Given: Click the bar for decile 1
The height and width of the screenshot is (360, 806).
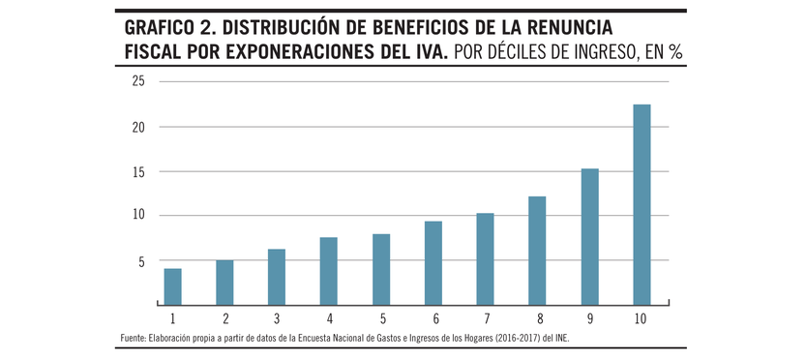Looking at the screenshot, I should click(172, 286).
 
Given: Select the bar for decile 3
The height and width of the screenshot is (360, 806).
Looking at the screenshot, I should click(277, 277).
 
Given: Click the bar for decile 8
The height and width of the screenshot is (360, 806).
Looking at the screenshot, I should click(537, 251).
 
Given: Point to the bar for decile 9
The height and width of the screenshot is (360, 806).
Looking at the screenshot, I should click(589, 236).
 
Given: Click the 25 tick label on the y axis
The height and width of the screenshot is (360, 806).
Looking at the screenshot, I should click(138, 81).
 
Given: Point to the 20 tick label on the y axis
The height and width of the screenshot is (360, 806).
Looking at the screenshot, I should click(138, 127).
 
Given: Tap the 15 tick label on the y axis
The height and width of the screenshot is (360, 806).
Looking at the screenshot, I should click(138, 171).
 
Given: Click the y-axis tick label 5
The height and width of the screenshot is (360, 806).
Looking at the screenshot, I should click(141, 261).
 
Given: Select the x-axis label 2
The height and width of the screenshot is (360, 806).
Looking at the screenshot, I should click(224, 318).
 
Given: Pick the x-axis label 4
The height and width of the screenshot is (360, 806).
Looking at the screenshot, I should click(329, 318).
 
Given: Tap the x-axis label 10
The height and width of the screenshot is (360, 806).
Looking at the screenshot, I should click(642, 318).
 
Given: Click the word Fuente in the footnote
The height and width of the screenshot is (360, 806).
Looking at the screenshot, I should click(134, 338).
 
